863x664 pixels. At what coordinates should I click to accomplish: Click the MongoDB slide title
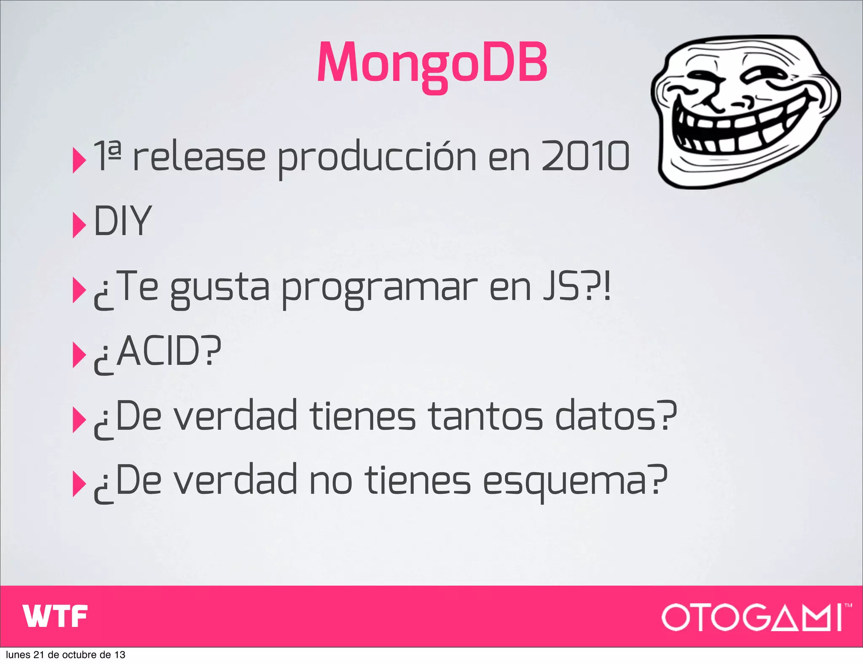432,63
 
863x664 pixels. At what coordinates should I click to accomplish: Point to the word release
199,157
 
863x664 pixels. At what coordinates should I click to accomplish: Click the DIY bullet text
122,221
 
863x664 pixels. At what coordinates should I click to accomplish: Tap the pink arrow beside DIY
79,225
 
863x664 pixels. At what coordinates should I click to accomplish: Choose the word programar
379,289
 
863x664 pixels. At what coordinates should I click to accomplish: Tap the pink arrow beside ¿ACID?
79,355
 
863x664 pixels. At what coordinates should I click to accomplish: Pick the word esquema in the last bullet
565,482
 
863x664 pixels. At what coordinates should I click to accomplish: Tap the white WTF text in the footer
55,616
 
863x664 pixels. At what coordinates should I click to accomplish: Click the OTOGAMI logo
754,617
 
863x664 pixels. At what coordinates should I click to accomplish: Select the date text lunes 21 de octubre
65,655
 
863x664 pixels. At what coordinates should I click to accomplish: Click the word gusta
219,289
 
